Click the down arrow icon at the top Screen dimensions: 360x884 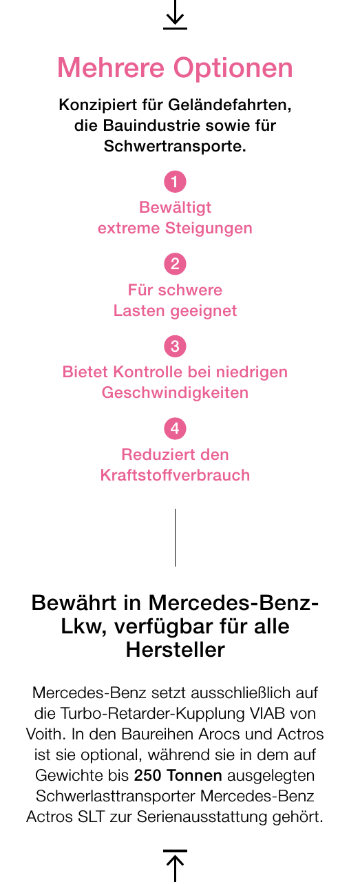[175, 16]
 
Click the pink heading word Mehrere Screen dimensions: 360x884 [111, 68]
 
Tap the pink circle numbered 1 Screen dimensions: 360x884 [175, 182]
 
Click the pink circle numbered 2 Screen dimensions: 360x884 [175, 264]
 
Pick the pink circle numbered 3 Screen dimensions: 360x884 [175, 346]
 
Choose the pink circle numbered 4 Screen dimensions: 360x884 [175, 429]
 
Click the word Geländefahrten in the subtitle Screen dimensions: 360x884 [230, 105]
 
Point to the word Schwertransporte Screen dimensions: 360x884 [175, 147]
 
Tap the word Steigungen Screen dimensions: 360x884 [209, 229]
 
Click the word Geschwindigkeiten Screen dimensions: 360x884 [175, 393]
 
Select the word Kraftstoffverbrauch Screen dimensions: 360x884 [175, 475]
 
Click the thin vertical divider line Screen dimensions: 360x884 [175, 538]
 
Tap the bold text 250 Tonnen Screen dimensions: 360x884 [178, 775]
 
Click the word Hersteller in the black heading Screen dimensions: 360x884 [176, 650]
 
